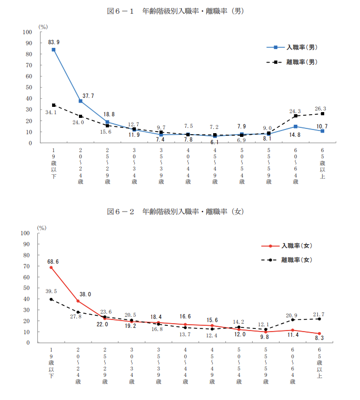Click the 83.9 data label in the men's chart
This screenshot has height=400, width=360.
pyautogui.click(x=54, y=42)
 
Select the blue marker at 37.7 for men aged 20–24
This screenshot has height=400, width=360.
pyautogui.click(x=81, y=101)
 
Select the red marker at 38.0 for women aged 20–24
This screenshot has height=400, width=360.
pyautogui.click(x=78, y=301)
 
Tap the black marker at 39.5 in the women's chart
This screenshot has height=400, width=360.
pyautogui.click(x=51, y=299)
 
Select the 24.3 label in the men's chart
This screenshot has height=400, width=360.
pyautogui.click(x=296, y=111)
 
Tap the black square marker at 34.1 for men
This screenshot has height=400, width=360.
pyautogui.click(x=54, y=105)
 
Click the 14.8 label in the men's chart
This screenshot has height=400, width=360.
pyautogui.click(x=296, y=135)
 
